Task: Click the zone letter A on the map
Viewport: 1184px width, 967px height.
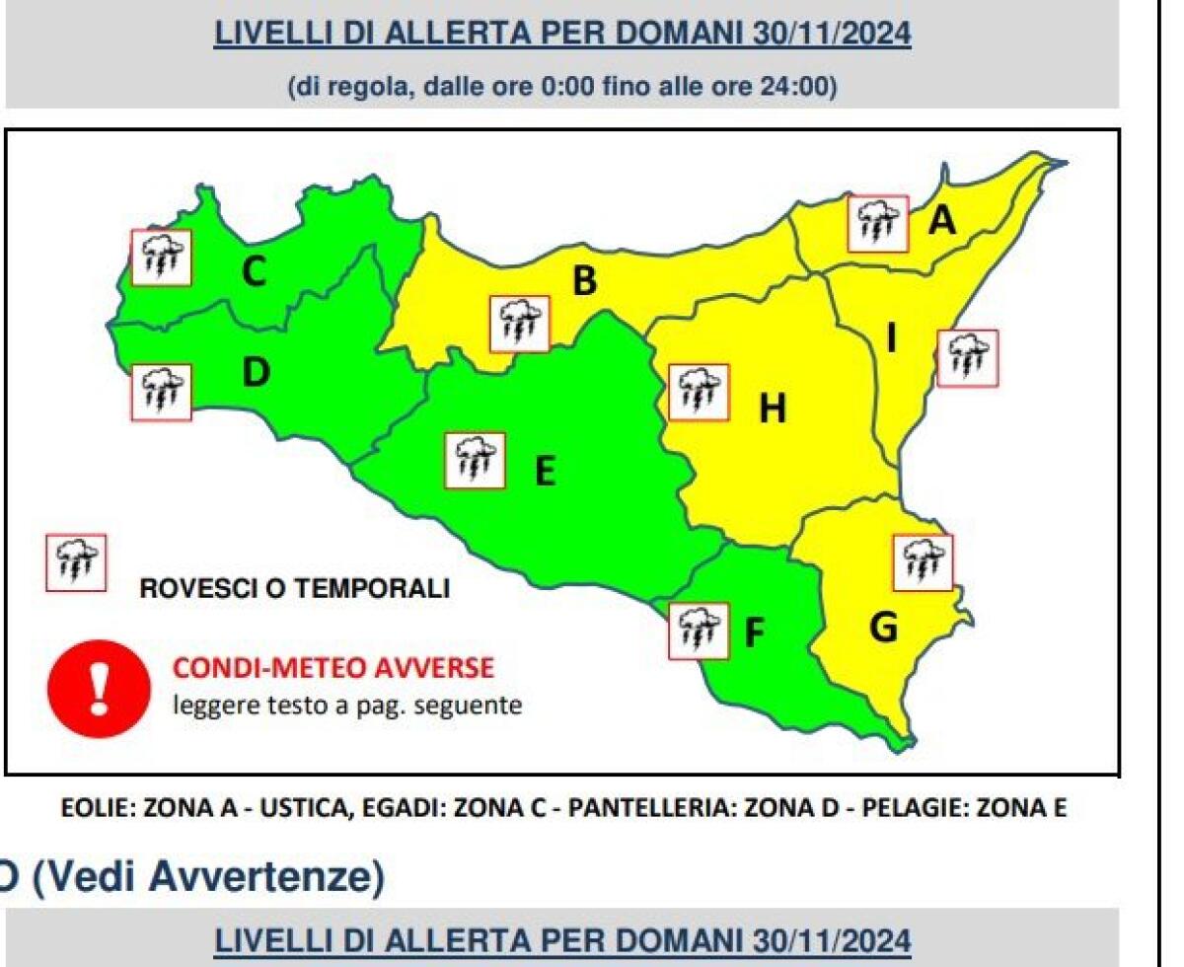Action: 943,221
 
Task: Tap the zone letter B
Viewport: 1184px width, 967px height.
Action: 585,282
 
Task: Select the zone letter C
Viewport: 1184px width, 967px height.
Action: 254,271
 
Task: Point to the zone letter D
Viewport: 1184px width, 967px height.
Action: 256,373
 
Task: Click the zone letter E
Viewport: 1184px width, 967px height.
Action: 545,472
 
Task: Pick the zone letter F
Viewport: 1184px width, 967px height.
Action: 755,632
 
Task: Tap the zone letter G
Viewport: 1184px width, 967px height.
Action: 884,626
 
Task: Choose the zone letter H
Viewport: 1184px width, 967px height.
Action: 773,409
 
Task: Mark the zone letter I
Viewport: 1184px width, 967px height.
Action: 891,338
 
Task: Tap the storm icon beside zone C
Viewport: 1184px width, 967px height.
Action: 161,259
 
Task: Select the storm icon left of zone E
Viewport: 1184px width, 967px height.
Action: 475,461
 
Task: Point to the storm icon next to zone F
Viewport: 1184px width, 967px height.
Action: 699,632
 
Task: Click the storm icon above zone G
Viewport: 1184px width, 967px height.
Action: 924,563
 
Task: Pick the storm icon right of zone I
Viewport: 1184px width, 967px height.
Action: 967,358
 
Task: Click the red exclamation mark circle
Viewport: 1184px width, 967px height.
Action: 97,688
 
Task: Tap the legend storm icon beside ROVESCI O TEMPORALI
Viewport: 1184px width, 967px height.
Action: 76,563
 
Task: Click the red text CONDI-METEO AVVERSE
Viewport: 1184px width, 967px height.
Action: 333,669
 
